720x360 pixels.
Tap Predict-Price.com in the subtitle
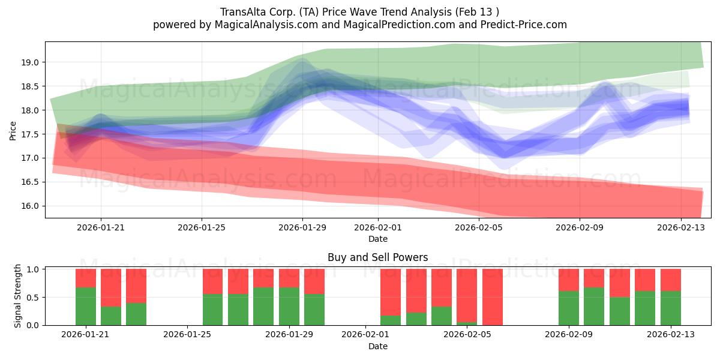[524, 25]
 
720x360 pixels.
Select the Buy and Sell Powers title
[377, 257]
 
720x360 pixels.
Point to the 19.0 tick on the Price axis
[30, 62]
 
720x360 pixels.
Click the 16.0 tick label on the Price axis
[30, 206]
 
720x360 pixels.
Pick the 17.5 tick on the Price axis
[30, 134]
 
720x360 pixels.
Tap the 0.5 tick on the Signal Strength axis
[32, 298]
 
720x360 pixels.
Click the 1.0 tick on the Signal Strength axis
[32, 269]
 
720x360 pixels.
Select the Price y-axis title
[13, 131]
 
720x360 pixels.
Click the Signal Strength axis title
[17, 296]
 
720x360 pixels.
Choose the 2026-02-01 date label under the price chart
[378, 227]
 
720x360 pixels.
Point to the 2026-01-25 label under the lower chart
[187, 334]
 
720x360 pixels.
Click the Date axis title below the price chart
[378, 239]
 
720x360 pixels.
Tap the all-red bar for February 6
[493, 297]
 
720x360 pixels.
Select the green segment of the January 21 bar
[86, 307]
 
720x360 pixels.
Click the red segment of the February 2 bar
[391, 292]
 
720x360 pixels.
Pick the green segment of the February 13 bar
[671, 308]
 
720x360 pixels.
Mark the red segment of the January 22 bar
[111, 287]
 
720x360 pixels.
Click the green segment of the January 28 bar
[263, 307]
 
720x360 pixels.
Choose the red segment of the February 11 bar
[620, 283]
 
